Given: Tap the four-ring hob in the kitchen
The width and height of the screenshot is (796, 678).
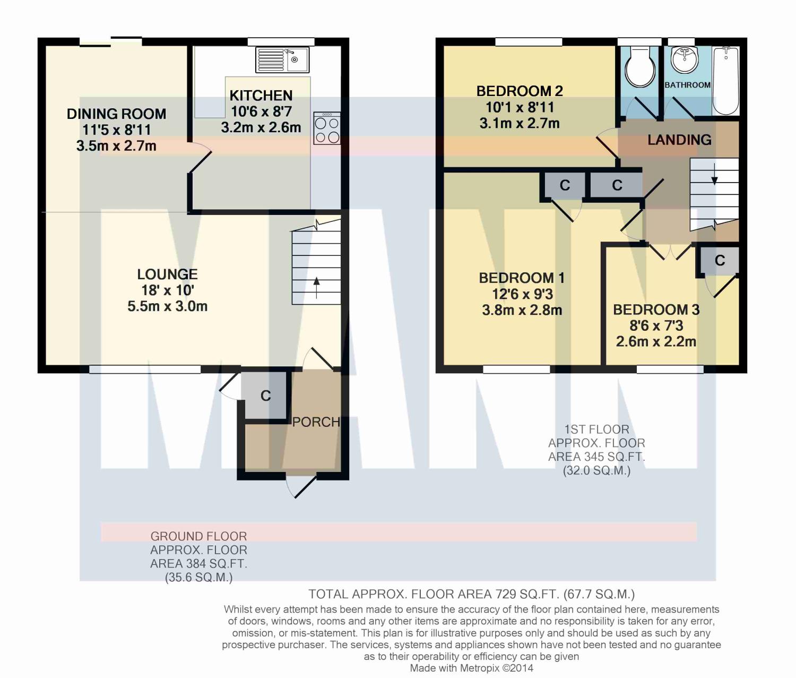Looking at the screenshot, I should tap(327, 128).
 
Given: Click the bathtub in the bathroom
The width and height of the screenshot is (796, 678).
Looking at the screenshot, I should tap(725, 81).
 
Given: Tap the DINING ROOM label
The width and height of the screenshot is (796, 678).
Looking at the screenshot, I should tap(116, 114).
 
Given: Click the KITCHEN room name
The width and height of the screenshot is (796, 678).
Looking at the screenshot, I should tap(261, 96).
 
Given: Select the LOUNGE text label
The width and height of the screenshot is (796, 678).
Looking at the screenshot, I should tap(167, 274).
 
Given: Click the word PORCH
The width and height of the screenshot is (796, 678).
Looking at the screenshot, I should tap(316, 422).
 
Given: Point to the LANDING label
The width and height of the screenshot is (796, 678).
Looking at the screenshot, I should tap(679, 140).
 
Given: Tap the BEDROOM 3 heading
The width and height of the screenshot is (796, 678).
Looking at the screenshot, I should tap(656, 310).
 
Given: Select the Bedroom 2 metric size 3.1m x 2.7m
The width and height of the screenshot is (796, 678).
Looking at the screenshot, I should tap(520, 123).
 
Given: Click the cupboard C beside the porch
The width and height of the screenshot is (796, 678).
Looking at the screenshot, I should tap(265, 396).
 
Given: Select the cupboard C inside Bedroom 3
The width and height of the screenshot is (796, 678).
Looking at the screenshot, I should tap(720, 261).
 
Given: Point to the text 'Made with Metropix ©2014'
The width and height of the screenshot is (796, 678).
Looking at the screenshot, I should tap(471, 668).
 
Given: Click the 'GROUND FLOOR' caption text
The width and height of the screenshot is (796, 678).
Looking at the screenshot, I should tap(198, 536).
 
